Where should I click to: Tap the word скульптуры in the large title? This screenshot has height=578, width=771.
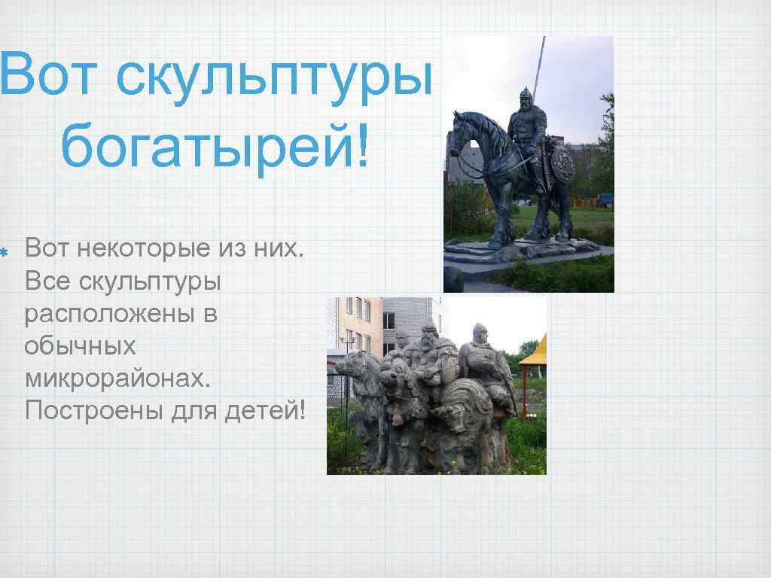274,75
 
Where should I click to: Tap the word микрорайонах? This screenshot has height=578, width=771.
117,379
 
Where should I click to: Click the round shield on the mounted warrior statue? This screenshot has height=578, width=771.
560,163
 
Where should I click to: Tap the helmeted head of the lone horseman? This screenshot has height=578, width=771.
526,98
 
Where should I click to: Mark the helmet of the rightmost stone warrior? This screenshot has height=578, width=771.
479,330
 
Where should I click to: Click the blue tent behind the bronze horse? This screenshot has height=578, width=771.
605,199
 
